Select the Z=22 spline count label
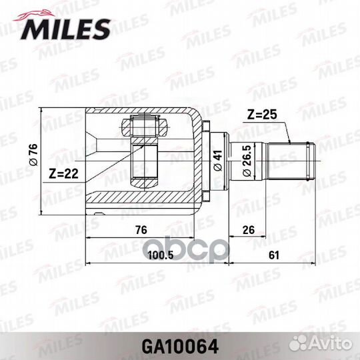pos(64,175)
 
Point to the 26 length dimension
pos(249,230)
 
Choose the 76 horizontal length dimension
pos(141,230)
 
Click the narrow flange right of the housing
pos(205,159)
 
